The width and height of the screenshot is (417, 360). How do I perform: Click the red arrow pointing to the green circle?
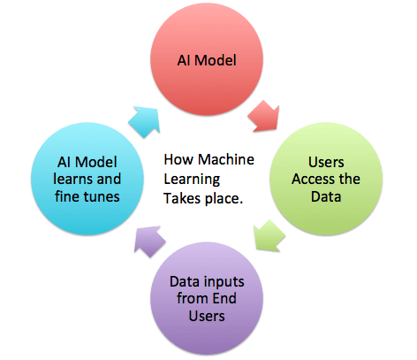[264, 116]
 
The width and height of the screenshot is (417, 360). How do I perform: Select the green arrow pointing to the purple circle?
[269, 235]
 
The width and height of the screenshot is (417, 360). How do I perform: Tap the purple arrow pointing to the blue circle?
[149, 241]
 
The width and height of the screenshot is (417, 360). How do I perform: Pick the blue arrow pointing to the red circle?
[145, 122]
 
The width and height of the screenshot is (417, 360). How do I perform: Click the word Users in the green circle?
[326, 162]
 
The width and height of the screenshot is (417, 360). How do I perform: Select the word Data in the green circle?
[326, 196]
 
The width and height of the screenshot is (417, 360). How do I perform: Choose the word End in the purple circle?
[224, 298]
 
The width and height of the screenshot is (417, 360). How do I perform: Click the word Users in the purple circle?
[207, 316]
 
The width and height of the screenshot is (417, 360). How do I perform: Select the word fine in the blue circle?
[65, 196]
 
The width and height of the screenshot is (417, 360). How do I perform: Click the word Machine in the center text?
[226, 159]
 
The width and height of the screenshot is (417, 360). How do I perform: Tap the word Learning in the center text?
[192, 180]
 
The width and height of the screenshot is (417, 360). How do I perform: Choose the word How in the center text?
[178, 159]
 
